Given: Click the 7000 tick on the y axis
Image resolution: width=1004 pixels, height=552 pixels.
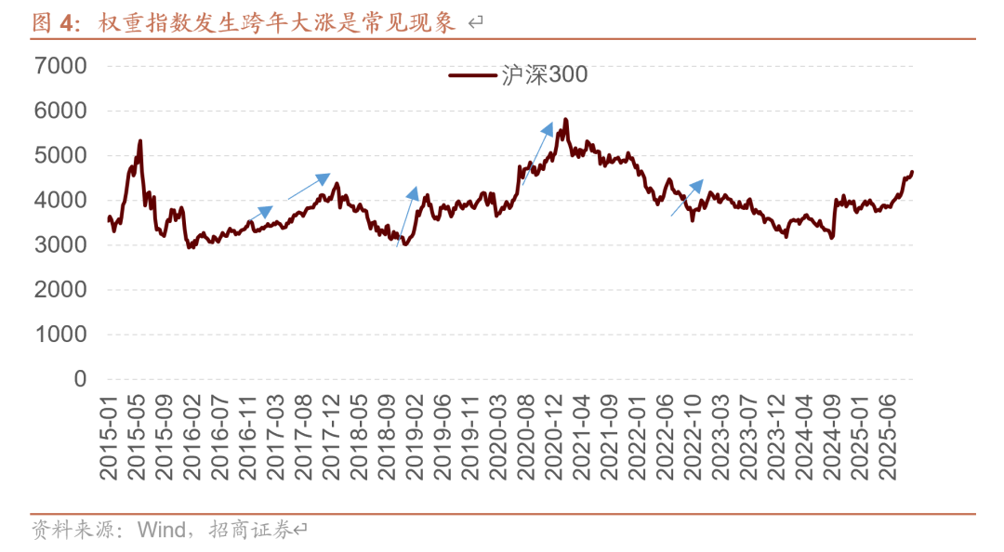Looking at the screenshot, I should (60, 66).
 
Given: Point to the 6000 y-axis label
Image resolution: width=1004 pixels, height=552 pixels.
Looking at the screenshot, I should (60, 111).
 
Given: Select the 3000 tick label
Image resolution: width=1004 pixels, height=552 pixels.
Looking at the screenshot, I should (60, 245).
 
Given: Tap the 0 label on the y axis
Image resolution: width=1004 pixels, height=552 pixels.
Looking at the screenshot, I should (80, 379).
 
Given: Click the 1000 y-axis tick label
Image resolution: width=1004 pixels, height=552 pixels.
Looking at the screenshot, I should (60, 335).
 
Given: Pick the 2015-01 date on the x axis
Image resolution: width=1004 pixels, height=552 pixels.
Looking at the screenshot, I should (109, 434).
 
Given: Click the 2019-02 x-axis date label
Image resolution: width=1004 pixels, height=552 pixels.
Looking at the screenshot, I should (416, 434).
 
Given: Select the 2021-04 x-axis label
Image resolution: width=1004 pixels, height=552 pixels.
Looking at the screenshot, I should (584, 434).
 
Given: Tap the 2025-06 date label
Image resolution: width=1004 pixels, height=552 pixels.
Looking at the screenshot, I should (892, 434).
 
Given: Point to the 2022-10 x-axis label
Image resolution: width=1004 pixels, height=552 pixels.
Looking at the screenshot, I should (695, 434).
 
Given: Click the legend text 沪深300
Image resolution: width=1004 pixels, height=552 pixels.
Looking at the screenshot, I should (545, 75).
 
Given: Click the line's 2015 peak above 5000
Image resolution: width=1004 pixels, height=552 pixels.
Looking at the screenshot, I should (140, 141).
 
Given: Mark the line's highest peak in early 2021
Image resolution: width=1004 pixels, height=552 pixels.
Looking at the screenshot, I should (565, 120).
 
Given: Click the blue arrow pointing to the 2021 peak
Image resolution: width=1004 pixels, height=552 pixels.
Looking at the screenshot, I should (538, 152).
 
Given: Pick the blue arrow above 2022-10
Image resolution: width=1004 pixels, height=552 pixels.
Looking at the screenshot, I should (687, 198).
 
